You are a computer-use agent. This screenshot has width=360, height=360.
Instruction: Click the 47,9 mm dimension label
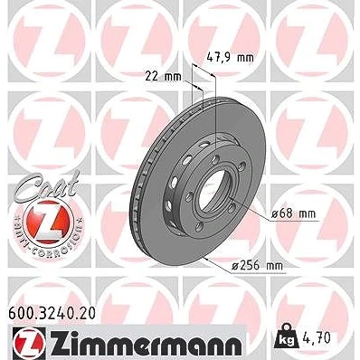click(231, 57)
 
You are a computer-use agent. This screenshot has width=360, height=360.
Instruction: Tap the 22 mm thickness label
click(164, 76)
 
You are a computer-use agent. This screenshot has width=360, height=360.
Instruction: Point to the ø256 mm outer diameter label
click(258, 266)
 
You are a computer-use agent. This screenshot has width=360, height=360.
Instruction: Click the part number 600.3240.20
click(52, 313)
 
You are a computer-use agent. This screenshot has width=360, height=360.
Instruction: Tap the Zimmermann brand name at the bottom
click(144, 344)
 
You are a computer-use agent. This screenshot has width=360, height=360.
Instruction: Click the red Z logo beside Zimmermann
click(29, 344)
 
